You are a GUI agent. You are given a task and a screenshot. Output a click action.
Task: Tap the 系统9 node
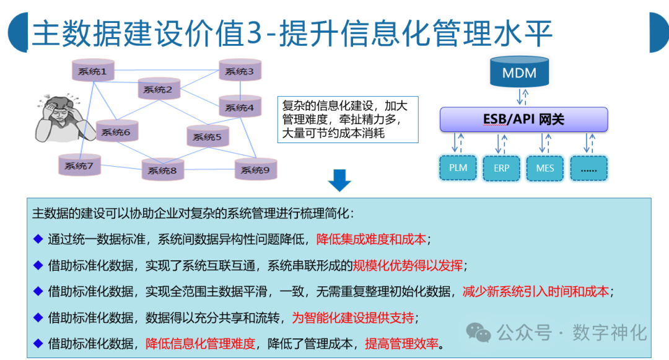pos(255,170)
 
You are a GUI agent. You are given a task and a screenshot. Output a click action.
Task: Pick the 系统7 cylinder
pos(79,165)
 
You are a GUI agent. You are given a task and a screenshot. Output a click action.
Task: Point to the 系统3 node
pos(240,71)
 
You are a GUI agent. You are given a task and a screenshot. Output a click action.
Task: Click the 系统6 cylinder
pos(116,132)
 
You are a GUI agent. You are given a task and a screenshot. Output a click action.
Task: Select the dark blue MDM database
pos(519,72)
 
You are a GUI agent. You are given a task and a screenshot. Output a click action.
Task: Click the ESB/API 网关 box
pos(523,120)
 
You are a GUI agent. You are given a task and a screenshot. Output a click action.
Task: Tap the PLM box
pos(458,167)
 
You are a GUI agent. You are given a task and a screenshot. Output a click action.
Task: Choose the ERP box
pos(501,167)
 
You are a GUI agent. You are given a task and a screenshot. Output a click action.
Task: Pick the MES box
pos(545,167)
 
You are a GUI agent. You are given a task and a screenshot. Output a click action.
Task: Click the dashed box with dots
pos(588,167)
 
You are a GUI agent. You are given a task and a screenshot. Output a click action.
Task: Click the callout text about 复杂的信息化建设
pos(347,120)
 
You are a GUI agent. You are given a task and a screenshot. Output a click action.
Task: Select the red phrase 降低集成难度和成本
pos(371,239)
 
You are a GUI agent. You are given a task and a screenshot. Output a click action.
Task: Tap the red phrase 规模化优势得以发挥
pos(408,266)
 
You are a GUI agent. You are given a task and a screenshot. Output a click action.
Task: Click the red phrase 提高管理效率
pos(401,344)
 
